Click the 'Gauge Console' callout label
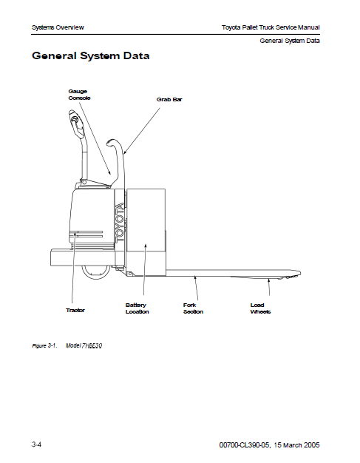pos(79,95)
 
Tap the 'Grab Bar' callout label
pos(169,100)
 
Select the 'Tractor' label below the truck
pos(75,311)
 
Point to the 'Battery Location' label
pos(137,308)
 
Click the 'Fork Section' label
pos(193,308)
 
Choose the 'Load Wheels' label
pos(260,308)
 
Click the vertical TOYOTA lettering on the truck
pos(120,223)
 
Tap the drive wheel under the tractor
pos(95,272)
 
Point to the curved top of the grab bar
pos(114,143)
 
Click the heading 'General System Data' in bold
pos(91,55)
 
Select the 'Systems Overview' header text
pos(58,27)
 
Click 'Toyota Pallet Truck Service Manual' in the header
pos(271,27)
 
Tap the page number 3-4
pos(36,445)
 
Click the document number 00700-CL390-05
pos(245,445)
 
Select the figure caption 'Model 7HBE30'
pos(84,345)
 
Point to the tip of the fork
pos(300,273)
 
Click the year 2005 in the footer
pos(311,445)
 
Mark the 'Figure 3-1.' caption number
pos(44,345)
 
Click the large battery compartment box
pos(146,232)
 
